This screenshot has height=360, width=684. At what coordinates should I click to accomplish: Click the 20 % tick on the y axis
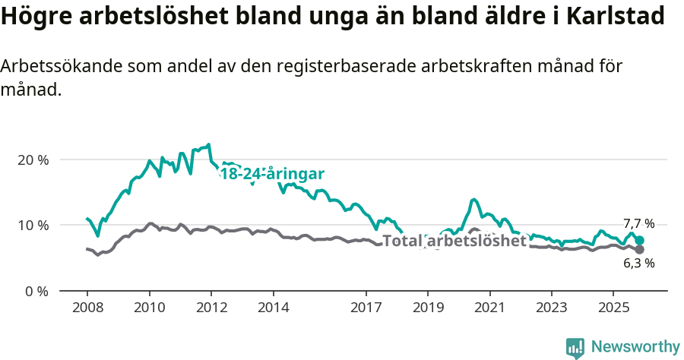33,160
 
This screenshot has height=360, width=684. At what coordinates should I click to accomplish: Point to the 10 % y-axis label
33,226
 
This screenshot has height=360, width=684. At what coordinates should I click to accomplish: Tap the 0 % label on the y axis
36,291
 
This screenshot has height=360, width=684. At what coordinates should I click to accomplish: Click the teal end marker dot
640,241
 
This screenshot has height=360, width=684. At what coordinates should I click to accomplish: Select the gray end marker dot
640,250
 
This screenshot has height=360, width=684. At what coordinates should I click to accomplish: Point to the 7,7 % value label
638,223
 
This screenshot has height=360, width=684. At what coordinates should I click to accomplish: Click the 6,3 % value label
638,264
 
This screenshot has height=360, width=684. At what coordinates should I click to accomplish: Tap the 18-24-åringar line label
272,174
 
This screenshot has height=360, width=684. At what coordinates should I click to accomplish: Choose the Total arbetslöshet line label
454,241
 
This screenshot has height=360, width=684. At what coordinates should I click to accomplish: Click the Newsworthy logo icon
575,347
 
